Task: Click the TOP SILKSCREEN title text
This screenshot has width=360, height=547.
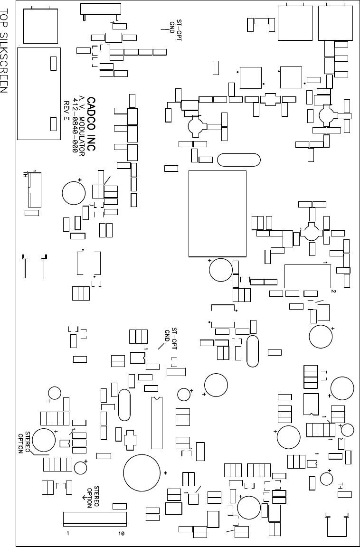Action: (6, 57)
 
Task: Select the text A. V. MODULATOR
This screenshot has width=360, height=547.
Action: (82, 126)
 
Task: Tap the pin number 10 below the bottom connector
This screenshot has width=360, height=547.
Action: (121, 533)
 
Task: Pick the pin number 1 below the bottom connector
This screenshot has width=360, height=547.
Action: (68, 533)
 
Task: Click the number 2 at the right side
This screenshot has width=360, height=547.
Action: (333, 291)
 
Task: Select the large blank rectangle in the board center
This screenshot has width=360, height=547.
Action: (218, 213)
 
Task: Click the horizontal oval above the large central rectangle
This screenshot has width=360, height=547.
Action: (238, 160)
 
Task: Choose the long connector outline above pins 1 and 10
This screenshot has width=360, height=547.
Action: (95, 519)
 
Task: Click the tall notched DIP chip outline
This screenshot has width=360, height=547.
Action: (157, 423)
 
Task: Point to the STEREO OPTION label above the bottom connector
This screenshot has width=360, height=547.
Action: (93, 497)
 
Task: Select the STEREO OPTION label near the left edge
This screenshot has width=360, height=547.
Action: (24, 442)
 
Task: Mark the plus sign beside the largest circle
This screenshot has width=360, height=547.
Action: (165, 473)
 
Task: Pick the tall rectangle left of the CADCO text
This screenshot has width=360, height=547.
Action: (38, 93)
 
